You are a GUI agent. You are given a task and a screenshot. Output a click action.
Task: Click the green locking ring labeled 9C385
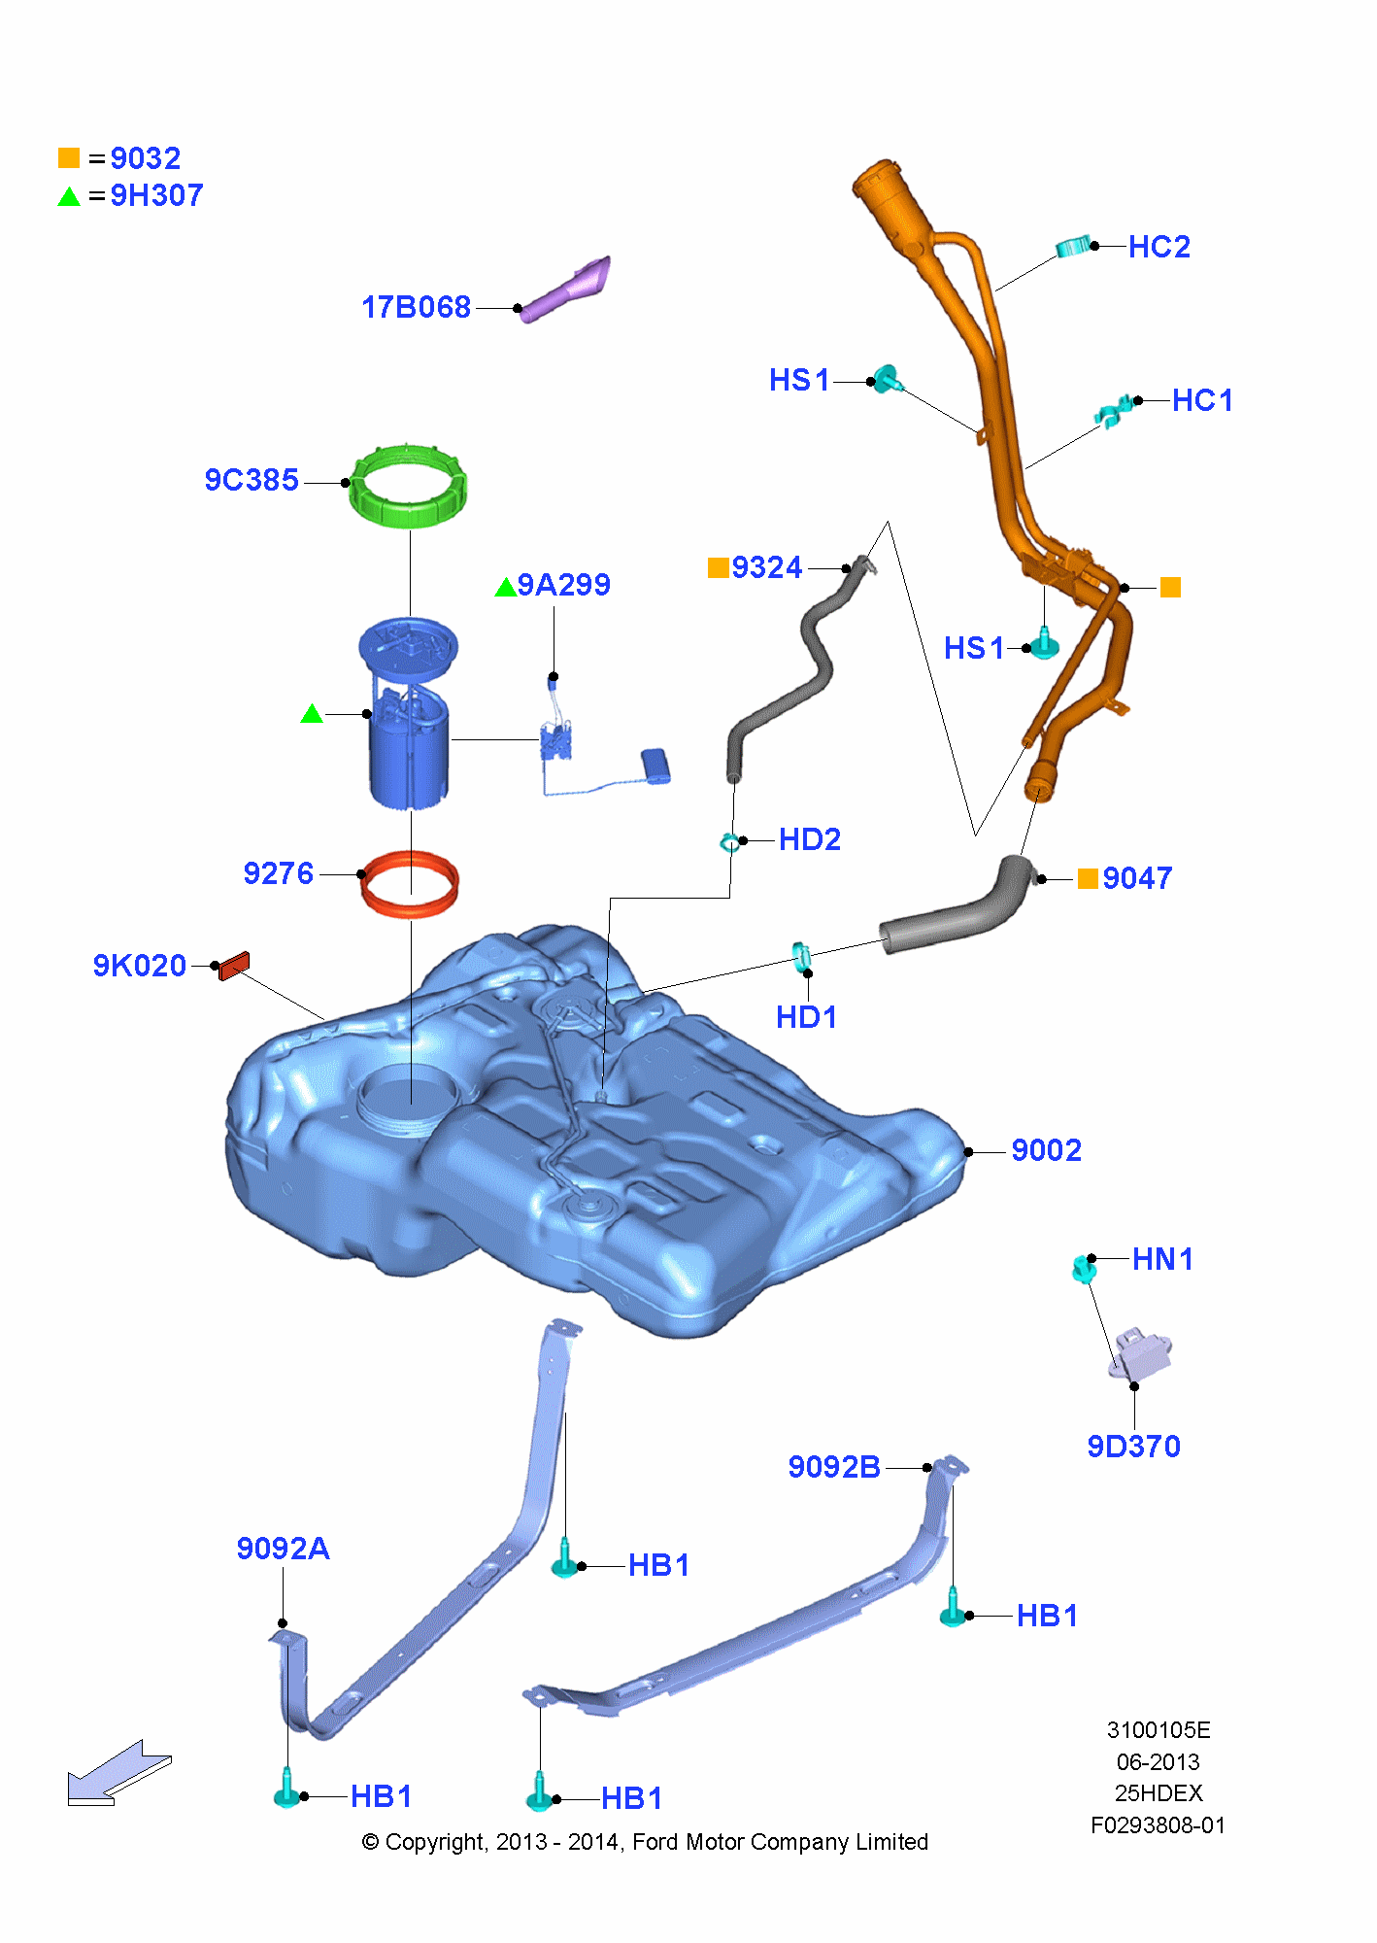[408, 486]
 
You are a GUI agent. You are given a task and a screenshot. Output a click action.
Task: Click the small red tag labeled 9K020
[234, 965]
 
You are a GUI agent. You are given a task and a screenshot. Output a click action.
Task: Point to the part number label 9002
[1046, 1150]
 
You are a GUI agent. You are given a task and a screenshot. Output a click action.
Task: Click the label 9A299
[563, 585]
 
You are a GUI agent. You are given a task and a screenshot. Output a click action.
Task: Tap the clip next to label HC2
[1072, 247]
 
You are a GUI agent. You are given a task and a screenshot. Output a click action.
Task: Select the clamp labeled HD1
[801, 957]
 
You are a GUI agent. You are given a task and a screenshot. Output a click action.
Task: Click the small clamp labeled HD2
[729, 841]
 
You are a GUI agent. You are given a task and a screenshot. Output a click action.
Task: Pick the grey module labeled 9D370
[1141, 1352]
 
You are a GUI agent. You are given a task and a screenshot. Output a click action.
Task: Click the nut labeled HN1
[1084, 1268]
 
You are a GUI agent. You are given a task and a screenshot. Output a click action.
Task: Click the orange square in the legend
[69, 158]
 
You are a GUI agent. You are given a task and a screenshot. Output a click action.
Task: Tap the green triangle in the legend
[69, 197]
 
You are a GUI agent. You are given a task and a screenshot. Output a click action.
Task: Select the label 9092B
[833, 1467]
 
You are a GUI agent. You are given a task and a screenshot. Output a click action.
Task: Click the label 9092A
[283, 1549]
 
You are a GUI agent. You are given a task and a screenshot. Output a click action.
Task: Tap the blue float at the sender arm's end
[655, 765]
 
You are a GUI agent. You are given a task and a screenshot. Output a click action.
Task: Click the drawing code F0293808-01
[1158, 1825]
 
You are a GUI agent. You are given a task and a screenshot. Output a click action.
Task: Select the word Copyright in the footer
[434, 1842]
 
